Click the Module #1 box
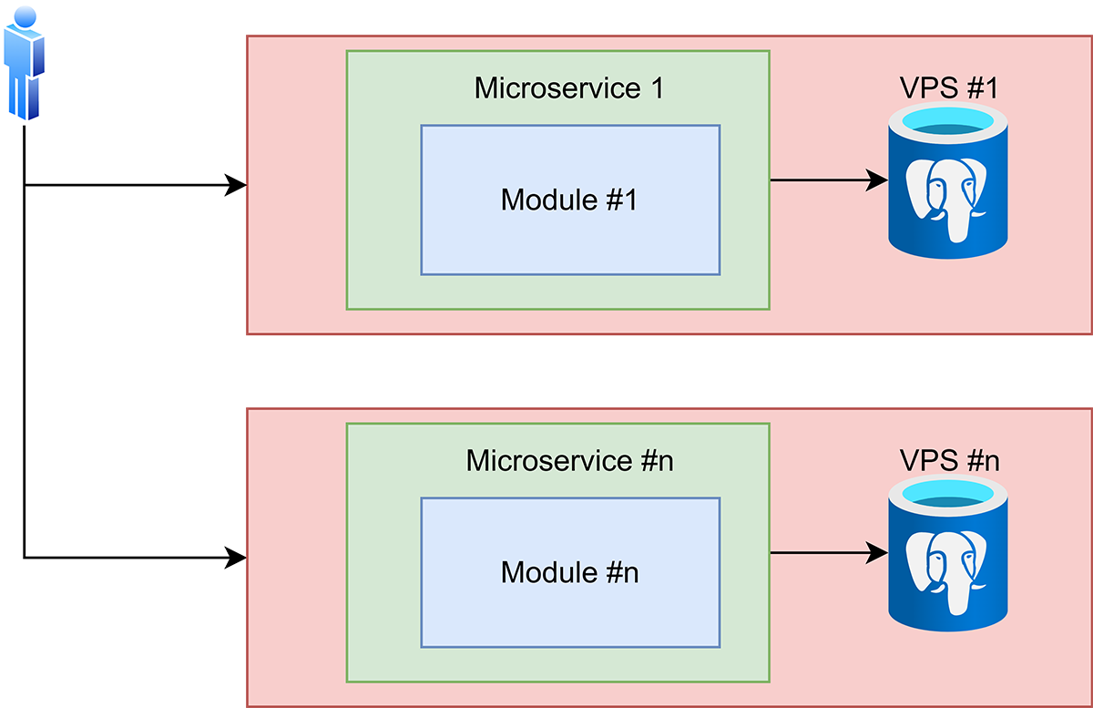coord(570,200)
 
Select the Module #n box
coord(570,572)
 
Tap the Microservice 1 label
coord(569,88)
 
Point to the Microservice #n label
coord(569,460)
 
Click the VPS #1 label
coord(948,87)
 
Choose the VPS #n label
coord(948,460)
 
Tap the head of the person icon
coord(26,15)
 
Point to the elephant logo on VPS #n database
coord(949,569)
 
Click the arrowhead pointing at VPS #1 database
coord(878,180)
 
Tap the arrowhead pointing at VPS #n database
coord(878,552)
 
